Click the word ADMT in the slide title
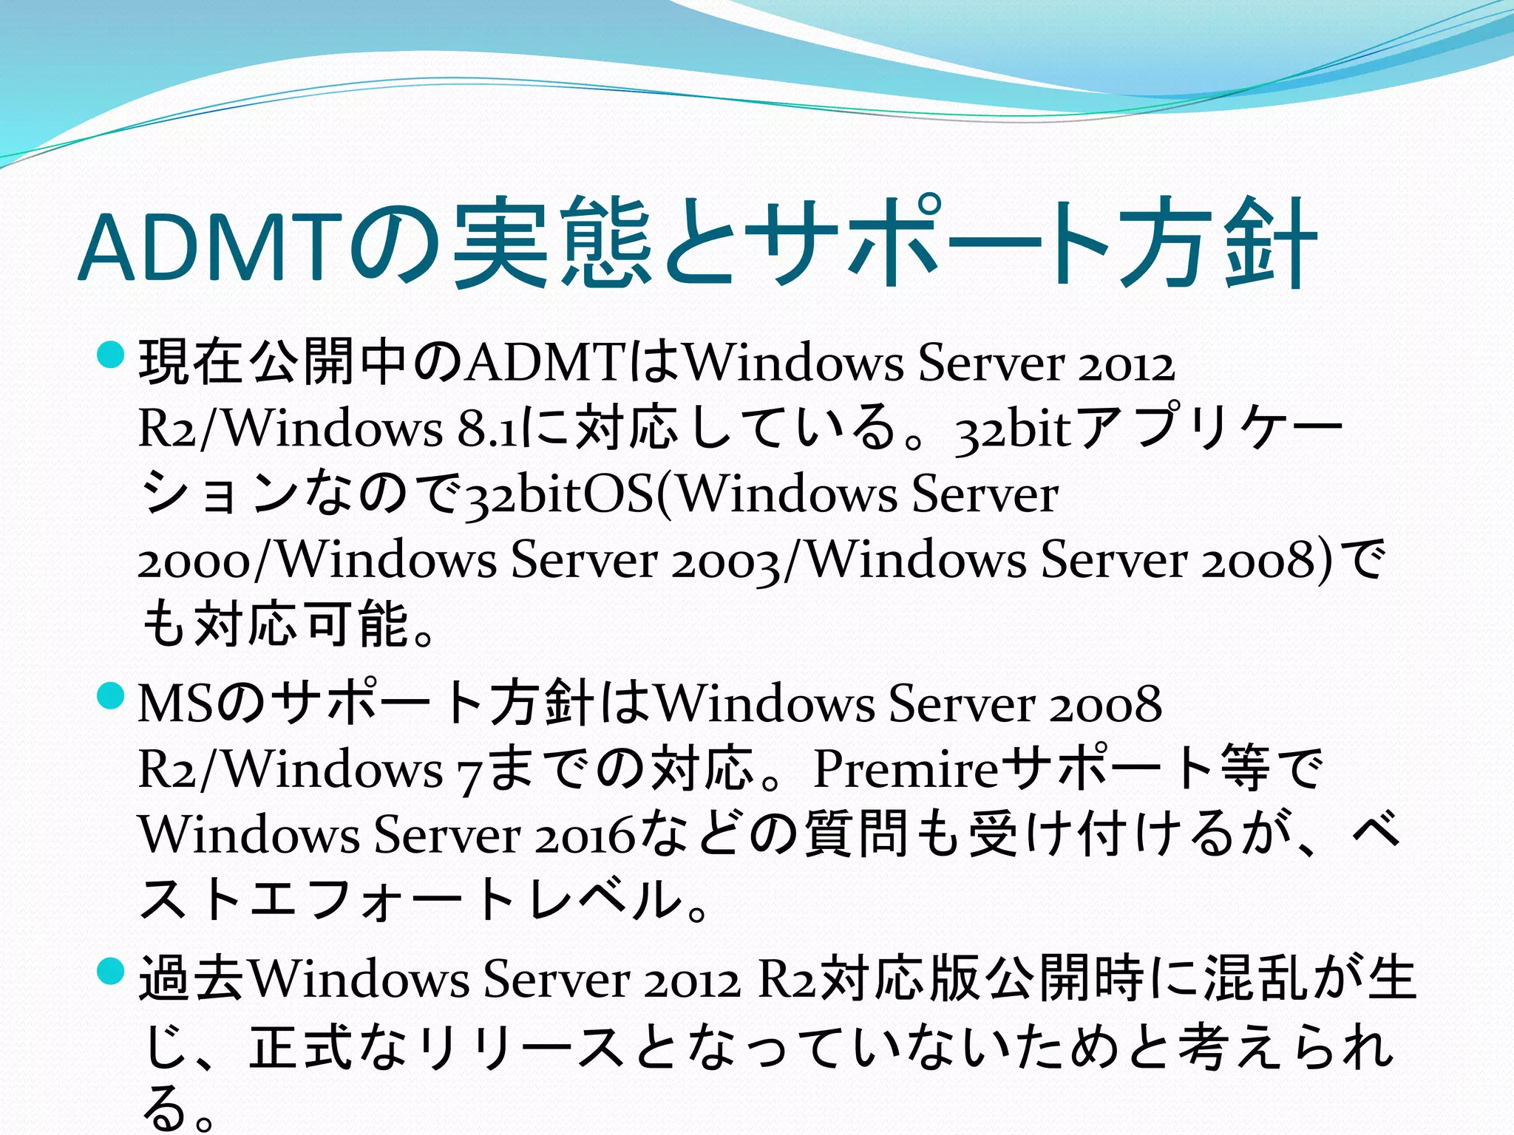pyautogui.click(x=211, y=248)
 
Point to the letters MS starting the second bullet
pyautogui.click(x=177, y=704)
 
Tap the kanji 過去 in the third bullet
pyautogui.click(x=192, y=980)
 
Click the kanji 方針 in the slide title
pyautogui.click(x=1220, y=244)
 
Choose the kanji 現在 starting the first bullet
pyautogui.click(x=192, y=362)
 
